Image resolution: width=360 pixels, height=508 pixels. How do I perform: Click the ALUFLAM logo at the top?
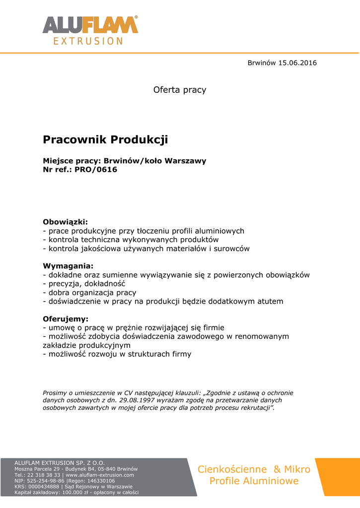coord(90,25)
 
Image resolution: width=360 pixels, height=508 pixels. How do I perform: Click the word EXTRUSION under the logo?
coord(88,41)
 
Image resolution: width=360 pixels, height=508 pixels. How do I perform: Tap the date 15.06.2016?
coord(297,63)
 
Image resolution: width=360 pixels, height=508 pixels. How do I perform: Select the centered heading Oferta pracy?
coord(180,90)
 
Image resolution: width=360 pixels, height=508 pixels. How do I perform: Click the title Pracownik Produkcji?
coord(106,140)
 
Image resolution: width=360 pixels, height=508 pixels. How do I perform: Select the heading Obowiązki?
coord(65,222)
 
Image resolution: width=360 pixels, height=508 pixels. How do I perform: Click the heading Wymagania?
coord(68,266)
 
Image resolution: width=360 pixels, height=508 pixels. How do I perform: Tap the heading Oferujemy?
coord(66,318)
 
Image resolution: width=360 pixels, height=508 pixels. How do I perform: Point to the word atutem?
coord(269,301)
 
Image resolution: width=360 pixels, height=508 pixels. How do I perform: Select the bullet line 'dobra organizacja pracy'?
coord(89,293)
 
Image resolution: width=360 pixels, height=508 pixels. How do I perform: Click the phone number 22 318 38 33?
coord(44,475)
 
